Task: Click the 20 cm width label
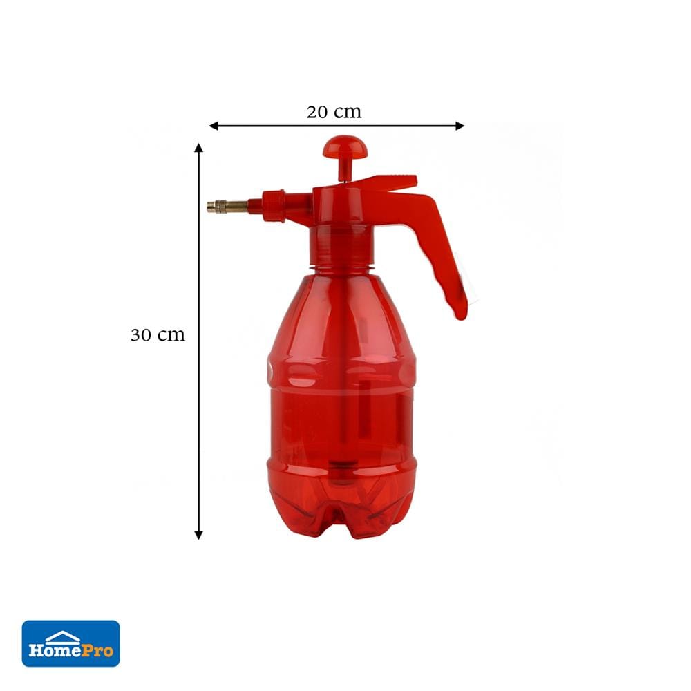click(x=334, y=112)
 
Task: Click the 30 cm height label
click(x=158, y=335)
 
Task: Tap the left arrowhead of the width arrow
click(x=214, y=126)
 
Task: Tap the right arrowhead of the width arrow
click(x=460, y=126)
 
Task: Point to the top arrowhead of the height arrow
click(x=199, y=148)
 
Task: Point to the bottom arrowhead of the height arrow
click(x=199, y=535)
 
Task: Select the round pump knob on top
click(x=345, y=146)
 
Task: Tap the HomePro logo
click(x=71, y=643)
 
